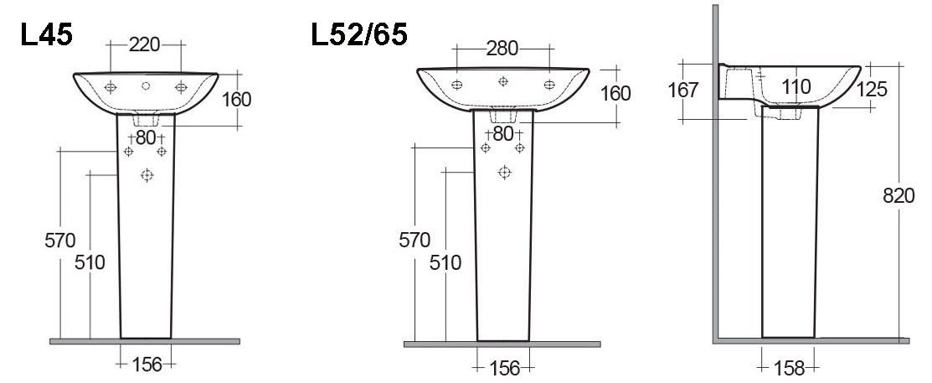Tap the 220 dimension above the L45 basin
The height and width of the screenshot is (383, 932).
145,45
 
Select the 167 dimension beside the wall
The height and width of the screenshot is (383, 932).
684,89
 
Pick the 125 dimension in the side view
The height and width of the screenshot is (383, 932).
872,89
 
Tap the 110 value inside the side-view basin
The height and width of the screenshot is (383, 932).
796,85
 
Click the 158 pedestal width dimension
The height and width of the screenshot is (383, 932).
788,367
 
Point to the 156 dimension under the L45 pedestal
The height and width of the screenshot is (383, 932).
146,364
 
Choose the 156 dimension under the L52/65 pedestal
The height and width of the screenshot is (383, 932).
502,367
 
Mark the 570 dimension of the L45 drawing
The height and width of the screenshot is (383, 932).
59,241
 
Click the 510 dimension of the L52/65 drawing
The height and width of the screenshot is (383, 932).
445,263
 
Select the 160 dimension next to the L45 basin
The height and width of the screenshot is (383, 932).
236,99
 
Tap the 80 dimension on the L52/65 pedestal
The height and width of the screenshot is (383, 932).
502,133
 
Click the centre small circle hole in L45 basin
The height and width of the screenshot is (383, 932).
146,86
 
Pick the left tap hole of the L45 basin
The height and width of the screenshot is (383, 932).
111,86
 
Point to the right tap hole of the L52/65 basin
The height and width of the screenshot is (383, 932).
549,85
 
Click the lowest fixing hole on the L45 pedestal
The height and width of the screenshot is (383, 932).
147,174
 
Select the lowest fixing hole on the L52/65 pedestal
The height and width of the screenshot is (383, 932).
504,172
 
